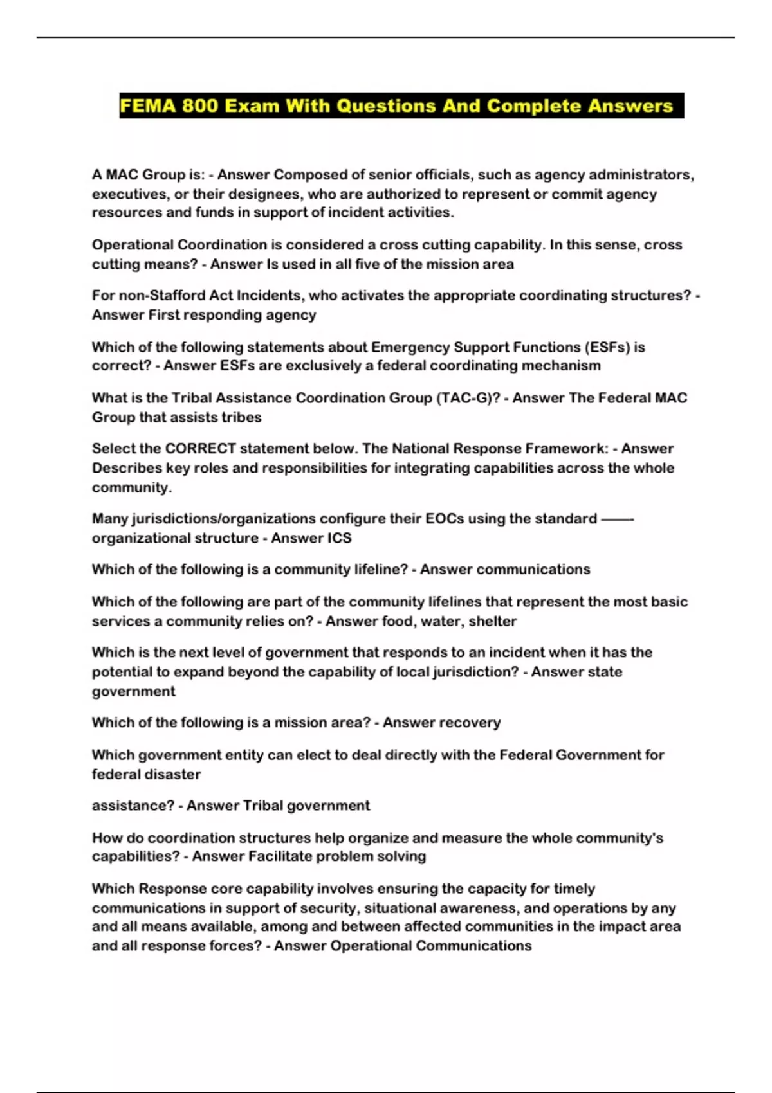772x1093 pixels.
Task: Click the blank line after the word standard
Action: click(617, 519)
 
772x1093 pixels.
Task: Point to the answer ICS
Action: click(339, 538)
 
